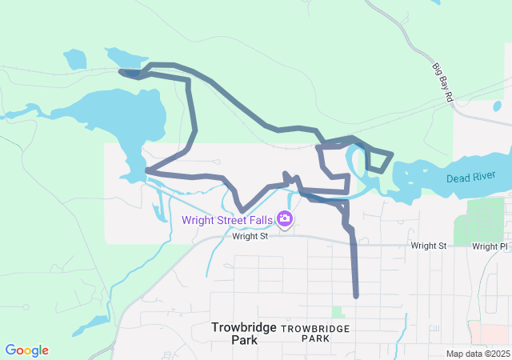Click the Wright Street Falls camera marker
[x=285, y=218]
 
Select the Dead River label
[x=471, y=177]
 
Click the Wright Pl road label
[x=490, y=246]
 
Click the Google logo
[x=27, y=350]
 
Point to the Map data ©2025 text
[x=478, y=354]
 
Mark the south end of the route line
[x=356, y=296]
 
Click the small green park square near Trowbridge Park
[x=338, y=312]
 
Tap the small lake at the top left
[x=75, y=59]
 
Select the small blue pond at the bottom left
[x=95, y=323]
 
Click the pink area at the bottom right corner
[x=490, y=333]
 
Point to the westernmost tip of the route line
[x=121, y=72]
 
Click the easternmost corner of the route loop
[x=392, y=153]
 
